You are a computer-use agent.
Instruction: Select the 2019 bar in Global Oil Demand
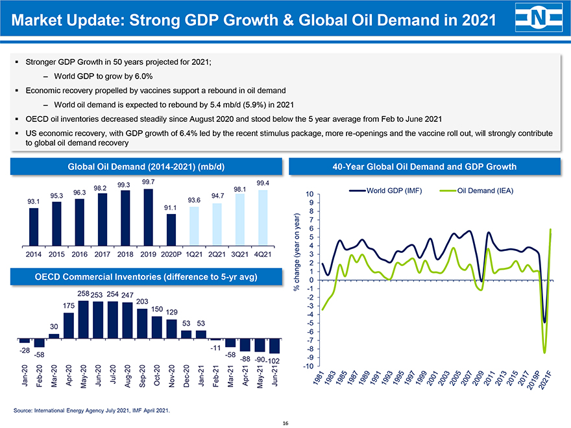tap(149, 211)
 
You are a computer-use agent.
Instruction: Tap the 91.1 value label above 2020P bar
tap(171, 208)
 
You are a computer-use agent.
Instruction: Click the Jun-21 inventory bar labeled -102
tap(274, 346)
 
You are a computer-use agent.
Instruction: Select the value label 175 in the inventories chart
tap(69, 305)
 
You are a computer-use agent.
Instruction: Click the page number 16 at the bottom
tap(285, 423)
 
